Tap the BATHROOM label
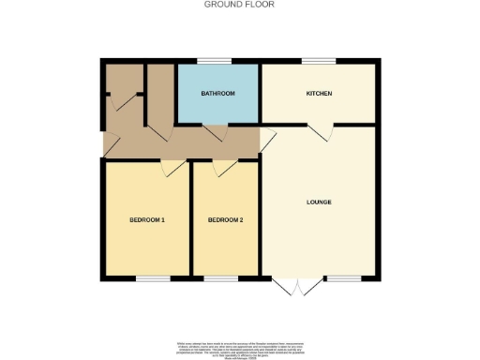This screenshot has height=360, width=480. click(x=217, y=94)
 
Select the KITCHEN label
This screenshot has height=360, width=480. click(x=319, y=94)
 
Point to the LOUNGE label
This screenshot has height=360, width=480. click(x=319, y=202)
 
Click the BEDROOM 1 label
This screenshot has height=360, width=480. click(x=147, y=220)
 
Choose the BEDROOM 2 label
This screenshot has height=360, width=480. click(x=225, y=220)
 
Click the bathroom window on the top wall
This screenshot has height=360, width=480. click(x=218, y=62)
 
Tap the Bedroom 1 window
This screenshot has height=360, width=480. click(x=153, y=278)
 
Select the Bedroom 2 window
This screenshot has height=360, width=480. click(x=221, y=278)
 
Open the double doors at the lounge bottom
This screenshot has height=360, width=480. click(x=296, y=285)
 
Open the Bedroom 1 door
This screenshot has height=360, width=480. click(x=172, y=166)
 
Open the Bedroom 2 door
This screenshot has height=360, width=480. click(x=223, y=166)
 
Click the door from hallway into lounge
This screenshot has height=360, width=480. click(x=266, y=142)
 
